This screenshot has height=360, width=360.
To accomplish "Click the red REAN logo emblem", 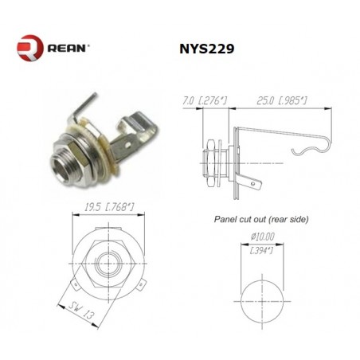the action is (30, 48).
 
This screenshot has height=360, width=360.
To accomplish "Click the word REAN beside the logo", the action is (66, 49).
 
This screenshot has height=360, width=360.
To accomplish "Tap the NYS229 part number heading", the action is (207, 49).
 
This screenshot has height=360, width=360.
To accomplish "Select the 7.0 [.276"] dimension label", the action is (205, 101).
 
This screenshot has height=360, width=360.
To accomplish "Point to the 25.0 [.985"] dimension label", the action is (282, 101).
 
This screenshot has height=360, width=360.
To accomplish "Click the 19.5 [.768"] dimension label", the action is (109, 207).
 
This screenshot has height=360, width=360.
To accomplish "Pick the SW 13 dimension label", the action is (81, 311).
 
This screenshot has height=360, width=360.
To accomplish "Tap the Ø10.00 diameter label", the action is (263, 237).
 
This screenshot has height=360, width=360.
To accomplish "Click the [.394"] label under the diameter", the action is (262, 250).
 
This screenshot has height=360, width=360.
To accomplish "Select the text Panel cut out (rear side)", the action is (261, 219).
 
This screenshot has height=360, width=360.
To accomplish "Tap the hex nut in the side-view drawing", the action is (210, 163).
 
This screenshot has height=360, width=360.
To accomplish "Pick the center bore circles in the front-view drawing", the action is (109, 264).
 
